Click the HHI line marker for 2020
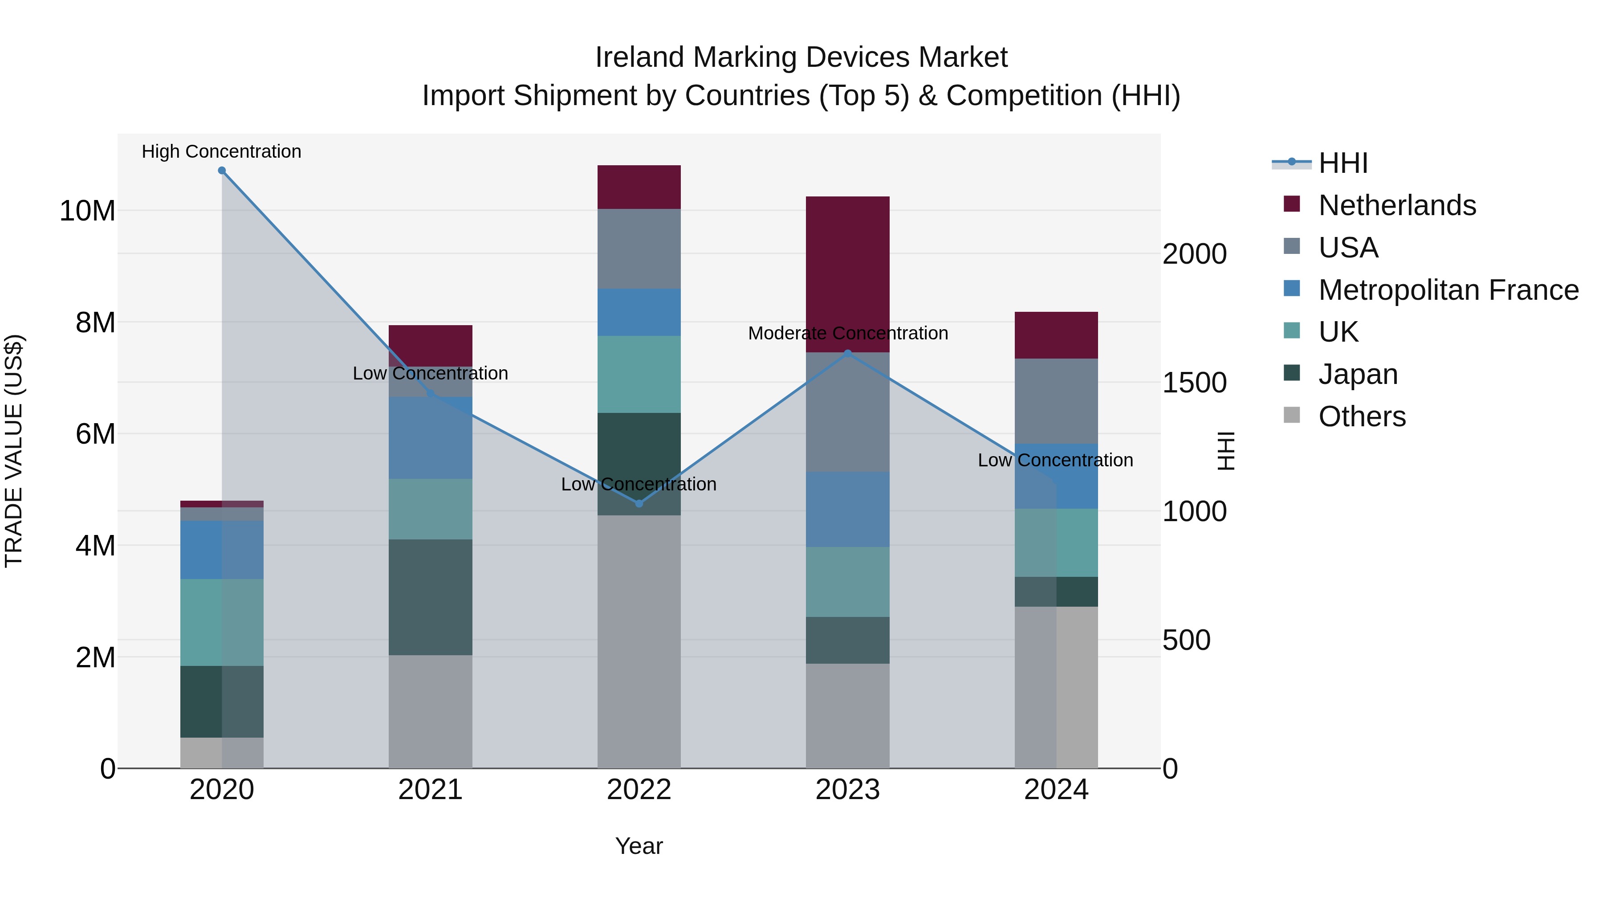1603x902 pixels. [x=222, y=171]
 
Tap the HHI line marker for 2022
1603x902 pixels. [x=639, y=503]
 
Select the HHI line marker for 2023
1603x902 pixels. [x=847, y=354]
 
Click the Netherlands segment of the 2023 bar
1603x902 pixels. [x=847, y=274]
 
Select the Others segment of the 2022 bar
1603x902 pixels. [x=639, y=641]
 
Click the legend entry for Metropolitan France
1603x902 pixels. [x=1448, y=290]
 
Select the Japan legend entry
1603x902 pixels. [x=1358, y=374]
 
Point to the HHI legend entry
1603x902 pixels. [x=1343, y=163]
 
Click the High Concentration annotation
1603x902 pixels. [x=222, y=151]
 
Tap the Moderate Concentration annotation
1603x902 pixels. [x=847, y=333]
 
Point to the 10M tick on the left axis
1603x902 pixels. [x=87, y=211]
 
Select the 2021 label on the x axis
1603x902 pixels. [x=430, y=790]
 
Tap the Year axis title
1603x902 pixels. [x=639, y=846]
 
